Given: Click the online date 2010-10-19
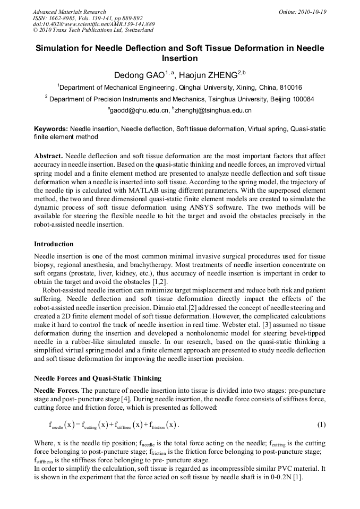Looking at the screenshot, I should (x=314, y=12).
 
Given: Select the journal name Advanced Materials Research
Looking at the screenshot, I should (x=69, y=12).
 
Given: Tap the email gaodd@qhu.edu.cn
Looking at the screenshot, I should (x=139, y=110).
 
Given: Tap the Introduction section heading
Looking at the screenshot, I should (x=54, y=244).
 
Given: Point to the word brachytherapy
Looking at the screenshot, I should (x=203, y=265).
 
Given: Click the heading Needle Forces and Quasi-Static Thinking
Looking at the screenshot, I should (x=98, y=379).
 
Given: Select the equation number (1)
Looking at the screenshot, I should (x=321, y=425).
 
